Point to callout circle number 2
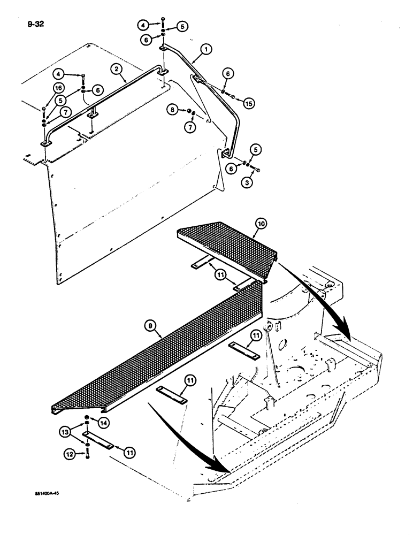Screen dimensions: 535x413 coord(116,68)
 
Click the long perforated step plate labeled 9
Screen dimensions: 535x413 coord(160,364)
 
